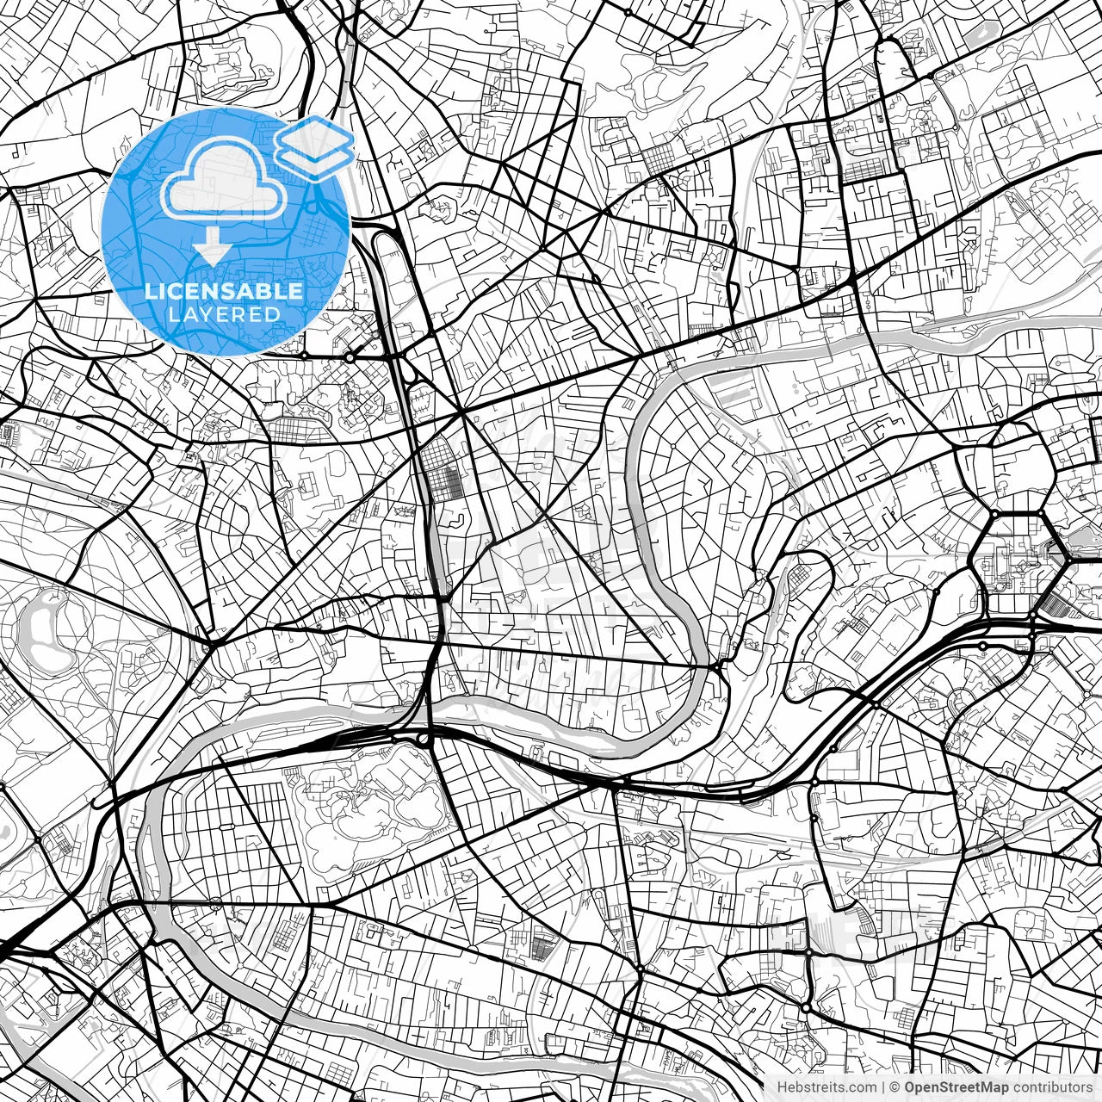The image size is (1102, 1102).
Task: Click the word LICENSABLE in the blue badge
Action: (224, 291)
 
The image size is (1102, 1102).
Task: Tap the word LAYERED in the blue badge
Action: (224, 315)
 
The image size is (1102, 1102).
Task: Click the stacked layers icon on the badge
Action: (314, 146)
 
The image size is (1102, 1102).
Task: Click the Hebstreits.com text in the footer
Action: (823, 1087)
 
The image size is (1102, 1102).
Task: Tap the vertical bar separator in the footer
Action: (882, 1087)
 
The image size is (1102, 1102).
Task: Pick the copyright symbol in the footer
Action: (895, 1087)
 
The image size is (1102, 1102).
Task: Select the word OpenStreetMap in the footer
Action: (955, 1087)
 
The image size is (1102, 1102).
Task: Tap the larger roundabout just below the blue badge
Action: (350, 356)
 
